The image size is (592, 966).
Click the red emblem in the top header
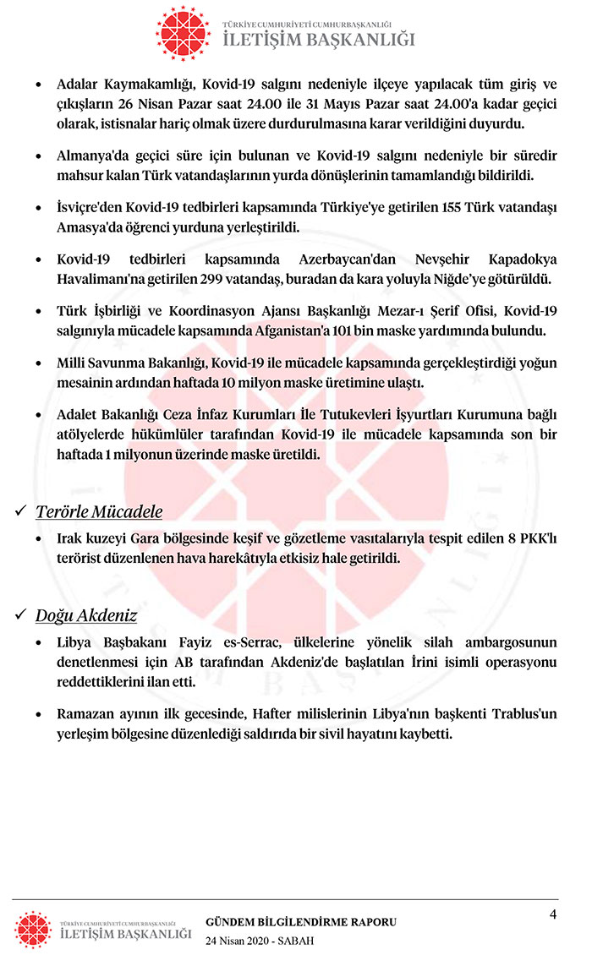(184, 32)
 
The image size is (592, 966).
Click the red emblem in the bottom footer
(34, 929)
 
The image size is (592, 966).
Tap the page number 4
(552, 914)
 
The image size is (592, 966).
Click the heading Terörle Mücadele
(99, 511)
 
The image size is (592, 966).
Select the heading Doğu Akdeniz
(86, 615)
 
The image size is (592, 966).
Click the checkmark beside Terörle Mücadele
(21, 511)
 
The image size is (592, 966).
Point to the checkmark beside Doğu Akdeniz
(21, 615)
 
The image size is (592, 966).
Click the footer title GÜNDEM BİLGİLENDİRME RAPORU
(301, 922)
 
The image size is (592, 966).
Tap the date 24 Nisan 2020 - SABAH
(260, 941)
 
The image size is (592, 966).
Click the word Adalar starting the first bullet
(78, 85)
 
